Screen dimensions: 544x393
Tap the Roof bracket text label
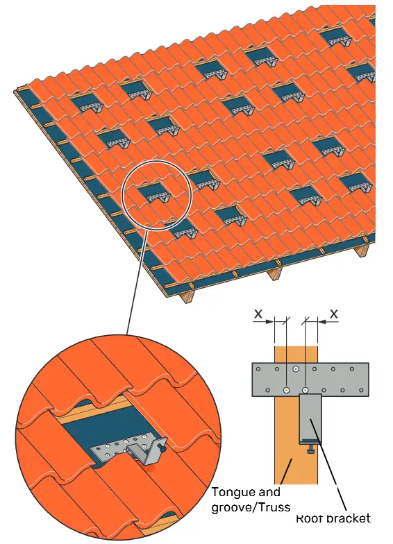coord(333,518)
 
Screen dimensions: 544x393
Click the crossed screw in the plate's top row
coord(296,369)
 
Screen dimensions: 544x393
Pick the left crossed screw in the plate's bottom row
coord(286,390)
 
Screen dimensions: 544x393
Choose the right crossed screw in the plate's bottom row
coord(306,390)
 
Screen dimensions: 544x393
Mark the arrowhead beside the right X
coord(320,321)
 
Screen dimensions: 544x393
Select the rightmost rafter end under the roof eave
coord(362,251)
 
